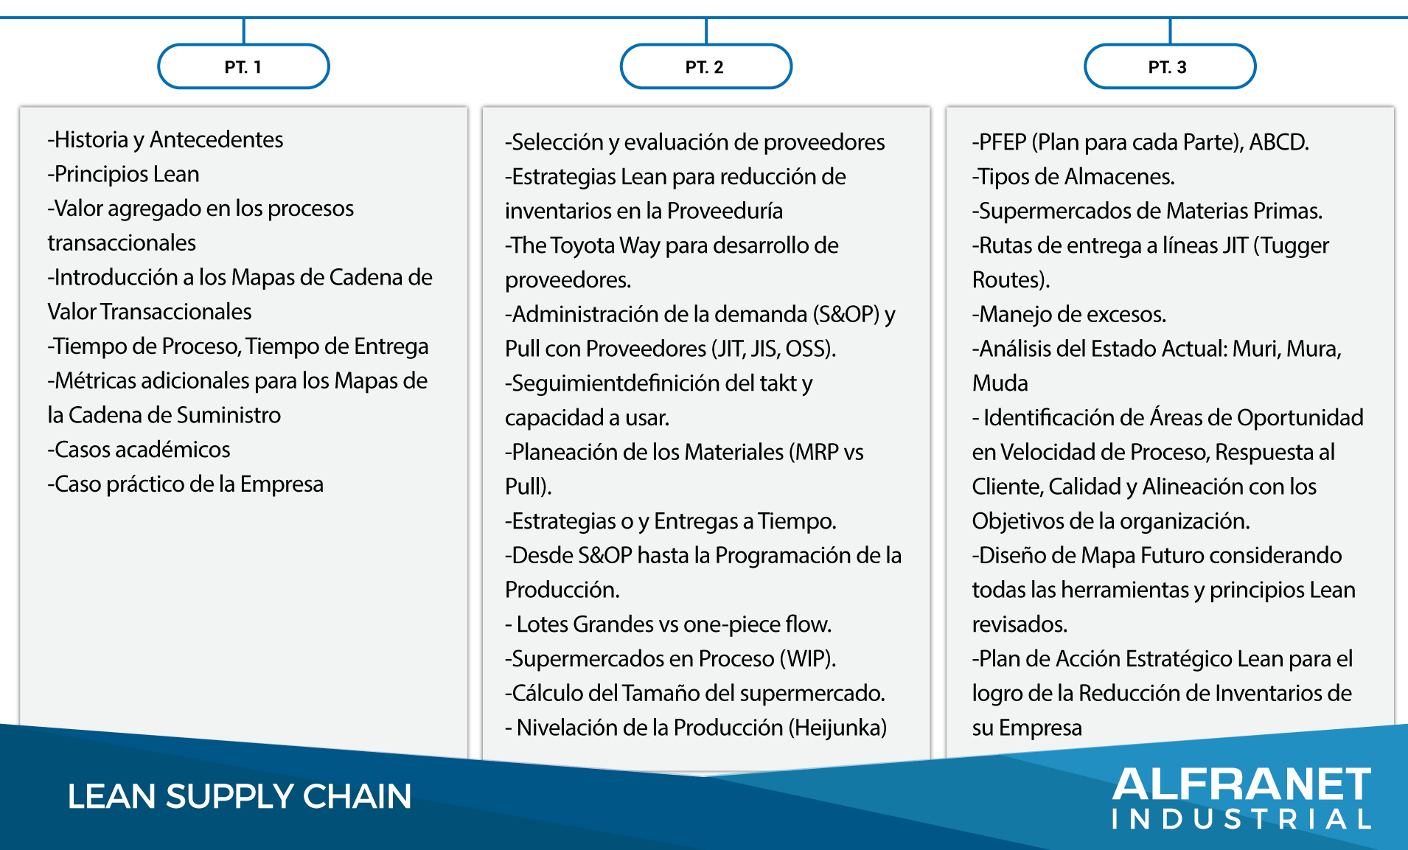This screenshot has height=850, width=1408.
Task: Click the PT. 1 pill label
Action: point(243,67)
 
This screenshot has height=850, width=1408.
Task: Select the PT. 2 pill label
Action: point(705,67)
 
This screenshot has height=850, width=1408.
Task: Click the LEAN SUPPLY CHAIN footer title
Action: point(240,796)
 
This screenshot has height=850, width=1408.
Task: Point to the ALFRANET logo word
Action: point(1242,784)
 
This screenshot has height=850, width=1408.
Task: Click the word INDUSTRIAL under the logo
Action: point(1242,819)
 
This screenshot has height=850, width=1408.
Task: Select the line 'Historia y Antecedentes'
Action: point(165,140)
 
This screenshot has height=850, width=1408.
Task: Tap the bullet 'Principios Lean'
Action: point(124,175)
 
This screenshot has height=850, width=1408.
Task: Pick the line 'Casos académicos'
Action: point(139,450)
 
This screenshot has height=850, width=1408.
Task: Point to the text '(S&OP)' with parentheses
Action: point(846,315)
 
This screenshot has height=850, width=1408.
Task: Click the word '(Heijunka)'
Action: point(837,728)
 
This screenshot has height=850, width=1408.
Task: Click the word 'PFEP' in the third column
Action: point(1003,142)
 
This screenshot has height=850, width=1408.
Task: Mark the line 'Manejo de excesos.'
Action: point(1069,315)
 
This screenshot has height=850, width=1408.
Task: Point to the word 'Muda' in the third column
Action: point(1000,383)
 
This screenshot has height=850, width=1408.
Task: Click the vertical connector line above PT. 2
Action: point(706,31)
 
